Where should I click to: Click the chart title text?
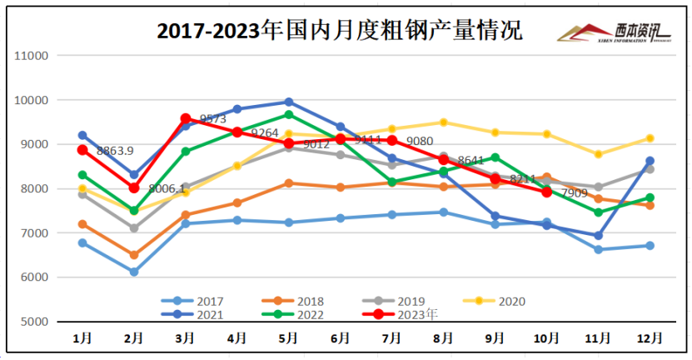coord(340,32)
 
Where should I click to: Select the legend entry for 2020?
coord(498,301)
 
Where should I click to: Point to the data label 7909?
coord(574,193)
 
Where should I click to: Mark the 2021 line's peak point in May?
coord(288,102)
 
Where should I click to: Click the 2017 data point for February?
coord(134,272)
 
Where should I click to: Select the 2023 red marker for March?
coord(186,119)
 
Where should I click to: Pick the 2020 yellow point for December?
coord(650,138)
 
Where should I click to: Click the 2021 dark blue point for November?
coord(598,236)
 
